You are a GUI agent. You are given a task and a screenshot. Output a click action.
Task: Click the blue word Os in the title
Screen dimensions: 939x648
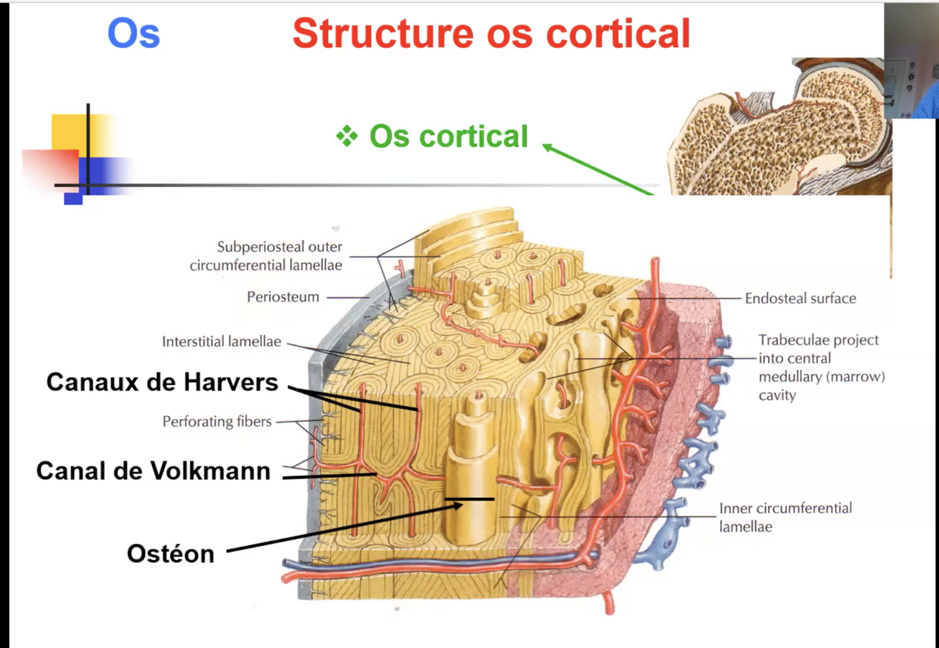(134, 34)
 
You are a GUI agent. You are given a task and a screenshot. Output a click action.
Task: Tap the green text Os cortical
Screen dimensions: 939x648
(448, 136)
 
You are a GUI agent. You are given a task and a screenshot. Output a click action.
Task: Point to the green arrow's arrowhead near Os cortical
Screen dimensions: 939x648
(546, 146)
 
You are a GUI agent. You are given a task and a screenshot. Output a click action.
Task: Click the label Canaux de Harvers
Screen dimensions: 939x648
(162, 382)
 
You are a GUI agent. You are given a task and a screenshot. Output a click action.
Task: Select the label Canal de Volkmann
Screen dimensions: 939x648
(153, 471)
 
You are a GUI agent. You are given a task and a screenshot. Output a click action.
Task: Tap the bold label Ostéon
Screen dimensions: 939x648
(170, 554)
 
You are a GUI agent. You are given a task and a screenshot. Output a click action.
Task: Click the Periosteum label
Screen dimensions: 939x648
(282, 297)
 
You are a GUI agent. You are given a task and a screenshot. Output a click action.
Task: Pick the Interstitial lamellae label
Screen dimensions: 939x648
(221, 342)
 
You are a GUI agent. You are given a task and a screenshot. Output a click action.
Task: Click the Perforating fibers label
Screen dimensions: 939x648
(217, 421)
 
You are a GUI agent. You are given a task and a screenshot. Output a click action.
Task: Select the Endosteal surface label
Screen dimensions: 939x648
(800, 298)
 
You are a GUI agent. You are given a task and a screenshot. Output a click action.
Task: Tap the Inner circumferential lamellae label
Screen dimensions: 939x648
(785, 517)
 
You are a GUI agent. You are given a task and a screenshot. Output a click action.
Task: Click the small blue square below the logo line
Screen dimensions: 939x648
(73, 198)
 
